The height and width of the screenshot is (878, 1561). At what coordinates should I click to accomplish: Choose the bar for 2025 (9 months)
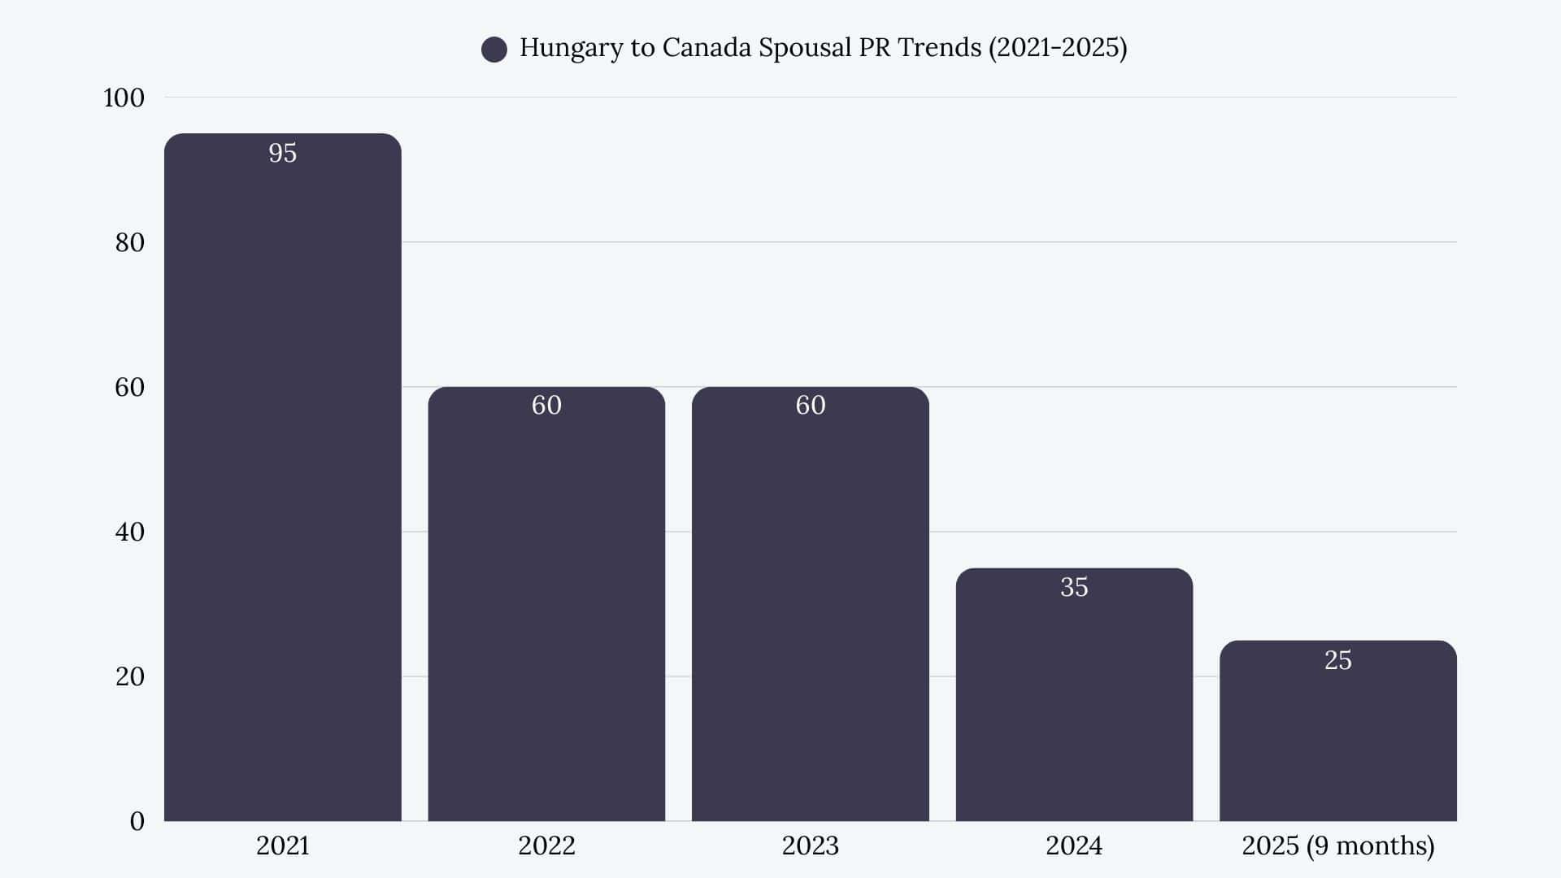tap(1337, 740)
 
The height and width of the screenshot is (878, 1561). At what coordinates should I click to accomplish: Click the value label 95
tap(282, 153)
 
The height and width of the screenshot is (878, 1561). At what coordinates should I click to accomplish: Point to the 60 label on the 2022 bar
tap(546, 405)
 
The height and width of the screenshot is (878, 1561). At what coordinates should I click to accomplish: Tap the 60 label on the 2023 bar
tap(810, 405)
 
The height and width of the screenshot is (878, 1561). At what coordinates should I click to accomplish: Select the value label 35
tap(1074, 587)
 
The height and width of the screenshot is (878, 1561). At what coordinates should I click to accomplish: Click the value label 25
tap(1337, 660)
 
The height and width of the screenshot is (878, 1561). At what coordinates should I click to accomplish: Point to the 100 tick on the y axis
tap(124, 98)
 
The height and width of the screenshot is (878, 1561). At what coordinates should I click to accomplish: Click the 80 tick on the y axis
tap(129, 242)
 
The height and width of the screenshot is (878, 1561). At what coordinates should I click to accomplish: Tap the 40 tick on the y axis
tap(129, 532)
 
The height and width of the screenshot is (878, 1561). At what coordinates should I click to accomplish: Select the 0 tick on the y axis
tap(137, 821)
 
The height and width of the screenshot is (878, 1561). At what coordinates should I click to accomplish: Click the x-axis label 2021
tap(282, 845)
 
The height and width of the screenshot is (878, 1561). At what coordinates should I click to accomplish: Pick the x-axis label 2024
tap(1074, 845)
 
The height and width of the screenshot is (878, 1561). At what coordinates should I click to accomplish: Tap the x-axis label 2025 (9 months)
tap(1337, 845)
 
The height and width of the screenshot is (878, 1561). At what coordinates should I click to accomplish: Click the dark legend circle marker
tap(494, 50)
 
